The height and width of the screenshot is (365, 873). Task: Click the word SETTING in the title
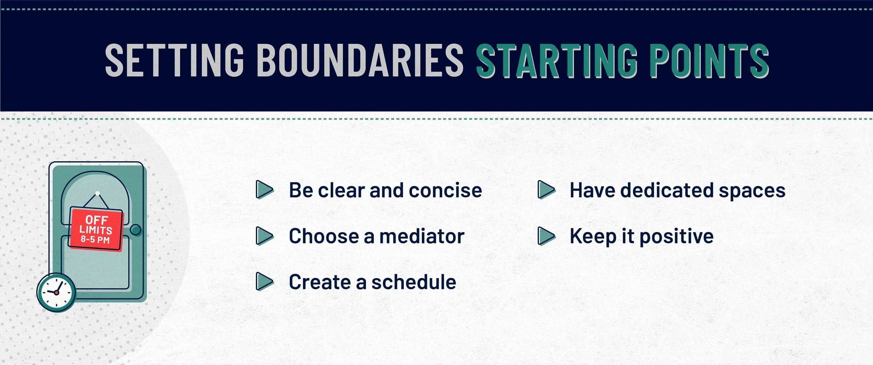point(175,60)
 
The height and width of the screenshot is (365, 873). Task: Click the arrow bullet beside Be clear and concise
point(265,190)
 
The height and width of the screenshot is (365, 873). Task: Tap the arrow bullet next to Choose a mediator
point(265,236)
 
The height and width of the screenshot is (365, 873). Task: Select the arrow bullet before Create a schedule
point(265,282)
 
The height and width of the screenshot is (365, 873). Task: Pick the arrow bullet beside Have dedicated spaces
point(547,190)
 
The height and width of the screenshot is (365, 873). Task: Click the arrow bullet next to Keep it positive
point(547,236)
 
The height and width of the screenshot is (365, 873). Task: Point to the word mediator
point(422,236)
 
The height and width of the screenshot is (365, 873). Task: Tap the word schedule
point(414,282)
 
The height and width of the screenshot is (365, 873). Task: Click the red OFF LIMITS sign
point(96,229)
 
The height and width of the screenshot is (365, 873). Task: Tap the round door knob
point(136,230)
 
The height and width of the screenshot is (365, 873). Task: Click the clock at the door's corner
point(56,292)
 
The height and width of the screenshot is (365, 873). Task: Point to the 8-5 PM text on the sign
point(95,239)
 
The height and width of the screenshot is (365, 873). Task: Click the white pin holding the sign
point(98,194)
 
